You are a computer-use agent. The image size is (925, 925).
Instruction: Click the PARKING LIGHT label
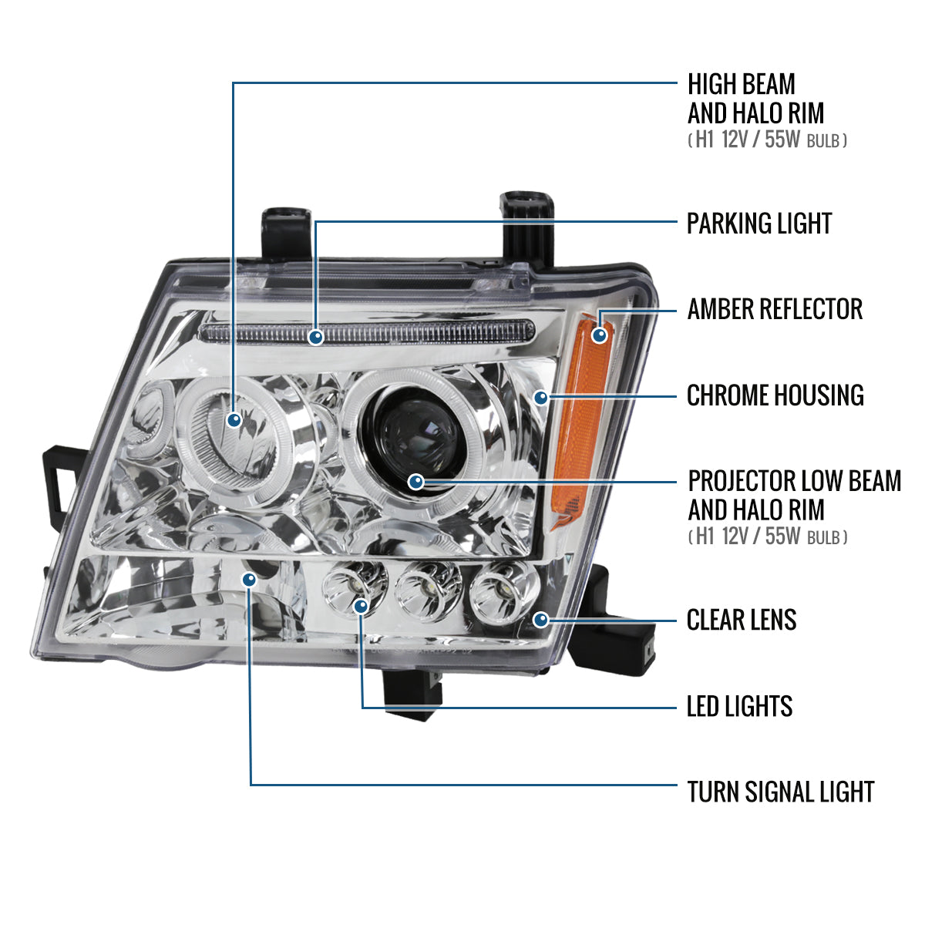click(x=759, y=224)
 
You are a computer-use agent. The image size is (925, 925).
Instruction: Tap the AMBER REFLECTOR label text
click(x=775, y=309)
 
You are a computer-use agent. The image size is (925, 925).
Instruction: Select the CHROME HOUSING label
click(x=775, y=395)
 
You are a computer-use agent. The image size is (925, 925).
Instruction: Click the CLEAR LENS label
click(x=742, y=620)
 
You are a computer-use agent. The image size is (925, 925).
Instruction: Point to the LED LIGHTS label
click(x=739, y=706)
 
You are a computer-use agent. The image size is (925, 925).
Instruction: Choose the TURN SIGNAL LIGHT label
click(x=780, y=792)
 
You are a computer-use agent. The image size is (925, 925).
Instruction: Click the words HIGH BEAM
click(x=741, y=84)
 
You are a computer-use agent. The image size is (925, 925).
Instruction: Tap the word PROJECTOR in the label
click(x=740, y=481)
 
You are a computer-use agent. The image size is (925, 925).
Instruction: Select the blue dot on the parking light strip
click(x=314, y=337)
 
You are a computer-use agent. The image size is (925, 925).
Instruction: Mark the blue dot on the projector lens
click(x=416, y=483)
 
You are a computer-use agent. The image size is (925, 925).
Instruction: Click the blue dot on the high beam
click(x=234, y=419)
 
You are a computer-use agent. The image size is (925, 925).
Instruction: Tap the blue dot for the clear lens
click(x=541, y=619)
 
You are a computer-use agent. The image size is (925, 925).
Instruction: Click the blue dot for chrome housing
click(x=541, y=398)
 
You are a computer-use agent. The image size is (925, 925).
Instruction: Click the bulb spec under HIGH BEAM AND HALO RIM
click(x=767, y=140)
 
